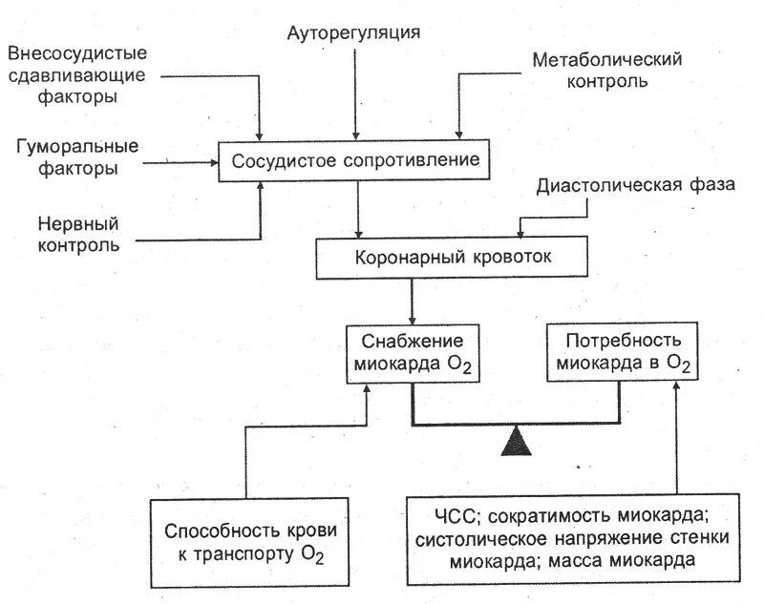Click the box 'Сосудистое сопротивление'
(x=355, y=159)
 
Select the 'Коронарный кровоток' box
(x=453, y=258)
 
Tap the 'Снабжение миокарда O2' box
(x=413, y=354)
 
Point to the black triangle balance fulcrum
(x=517, y=441)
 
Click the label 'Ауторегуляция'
(x=354, y=32)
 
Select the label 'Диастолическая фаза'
(x=635, y=185)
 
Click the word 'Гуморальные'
(x=78, y=147)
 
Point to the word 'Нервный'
(x=78, y=224)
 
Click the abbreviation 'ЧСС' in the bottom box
(x=454, y=517)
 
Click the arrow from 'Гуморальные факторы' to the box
(x=181, y=163)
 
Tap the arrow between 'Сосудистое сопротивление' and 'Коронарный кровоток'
(x=357, y=209)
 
